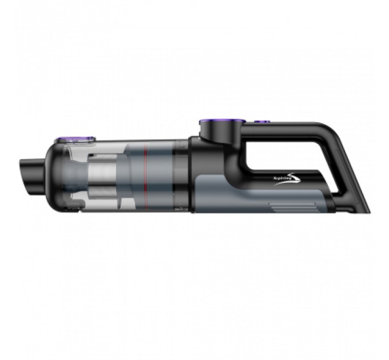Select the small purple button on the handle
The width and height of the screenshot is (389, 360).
point(263,121)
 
